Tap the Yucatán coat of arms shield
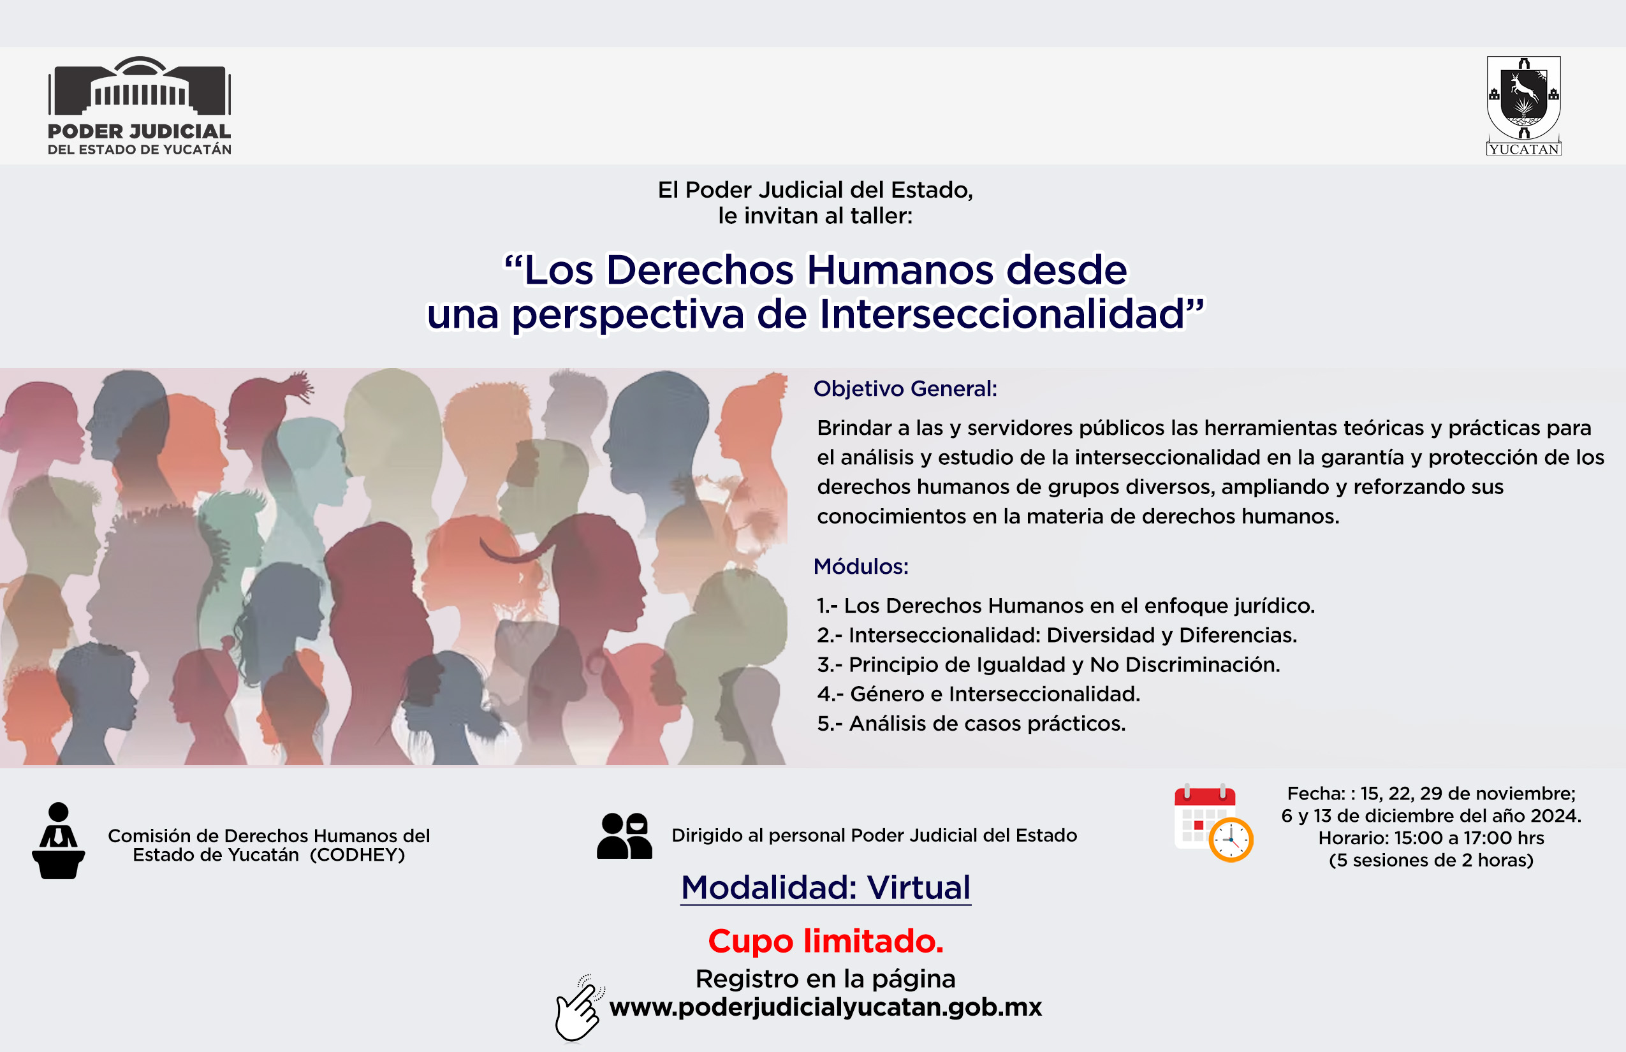click(x=1524, y=98)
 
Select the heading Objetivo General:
click(x=905, y=389)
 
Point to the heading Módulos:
click(x=861, y=566)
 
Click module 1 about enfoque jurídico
click(x=1066, y=606)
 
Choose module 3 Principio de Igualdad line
click(x=1049, y=664)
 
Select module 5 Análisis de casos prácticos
click(x=970, y=724)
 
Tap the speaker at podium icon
click(x=59, y=841)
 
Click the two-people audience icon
click(x=624, y=835)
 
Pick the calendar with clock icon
click(x=1213, y=822)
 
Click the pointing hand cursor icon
click(x=579, y=1009)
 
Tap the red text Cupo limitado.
click(x=826, y=941)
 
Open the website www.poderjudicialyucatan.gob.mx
click(x=826, y=1007)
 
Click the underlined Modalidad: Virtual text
click(x=826, y=888)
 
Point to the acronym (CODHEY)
click(x=357, y=855)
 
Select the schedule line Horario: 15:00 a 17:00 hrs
click(x=1432, y=838)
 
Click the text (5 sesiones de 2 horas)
click(x=1432, y=860)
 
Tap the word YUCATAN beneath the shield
click(x=1524, y=149)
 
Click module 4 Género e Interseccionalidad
click(x=978, y=694)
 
